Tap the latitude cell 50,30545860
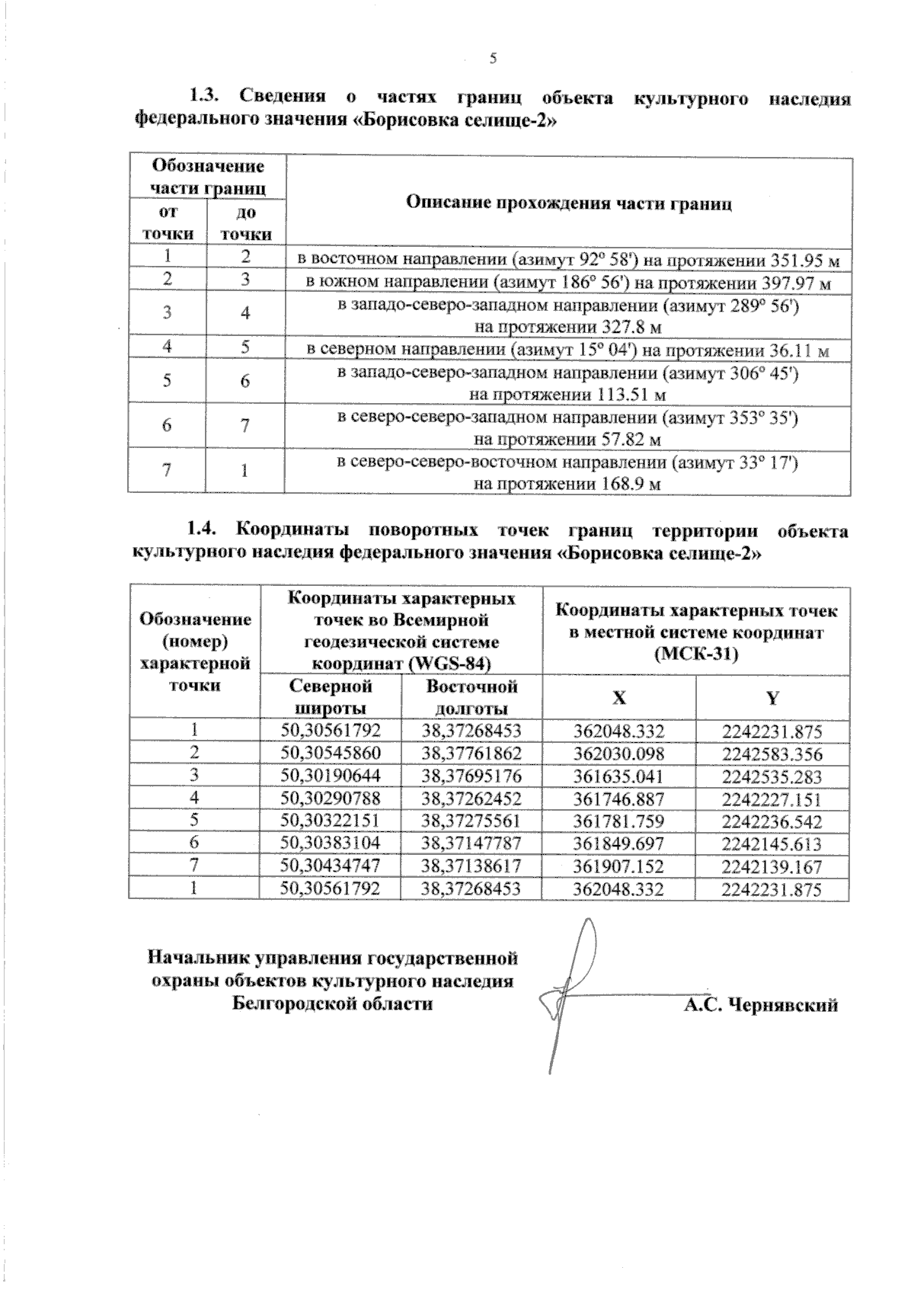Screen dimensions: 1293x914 pos(331,754)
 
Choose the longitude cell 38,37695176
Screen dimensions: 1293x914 pos(471,776)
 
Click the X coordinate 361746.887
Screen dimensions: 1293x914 pos(619,799)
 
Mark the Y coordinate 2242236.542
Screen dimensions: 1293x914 pos(772,821)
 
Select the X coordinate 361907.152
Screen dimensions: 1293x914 pos(619,866)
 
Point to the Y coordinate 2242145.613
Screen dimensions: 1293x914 pos(772,843)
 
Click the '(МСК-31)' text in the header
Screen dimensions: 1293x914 pos(696,654)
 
